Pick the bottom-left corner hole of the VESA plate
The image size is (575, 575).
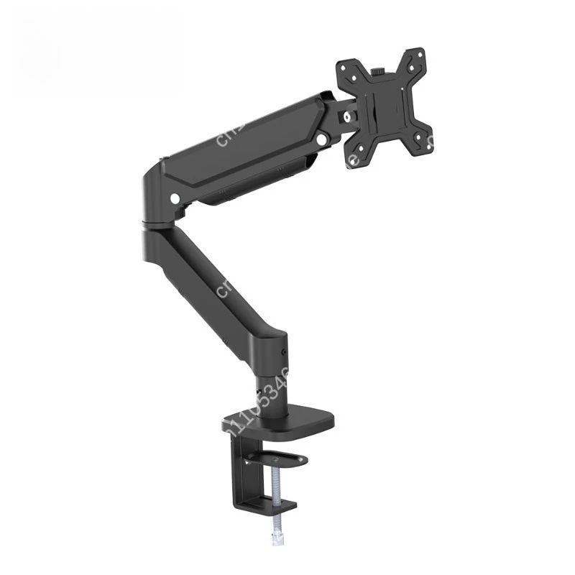354,153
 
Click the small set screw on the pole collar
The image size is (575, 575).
285,352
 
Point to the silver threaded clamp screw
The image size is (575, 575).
276,496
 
